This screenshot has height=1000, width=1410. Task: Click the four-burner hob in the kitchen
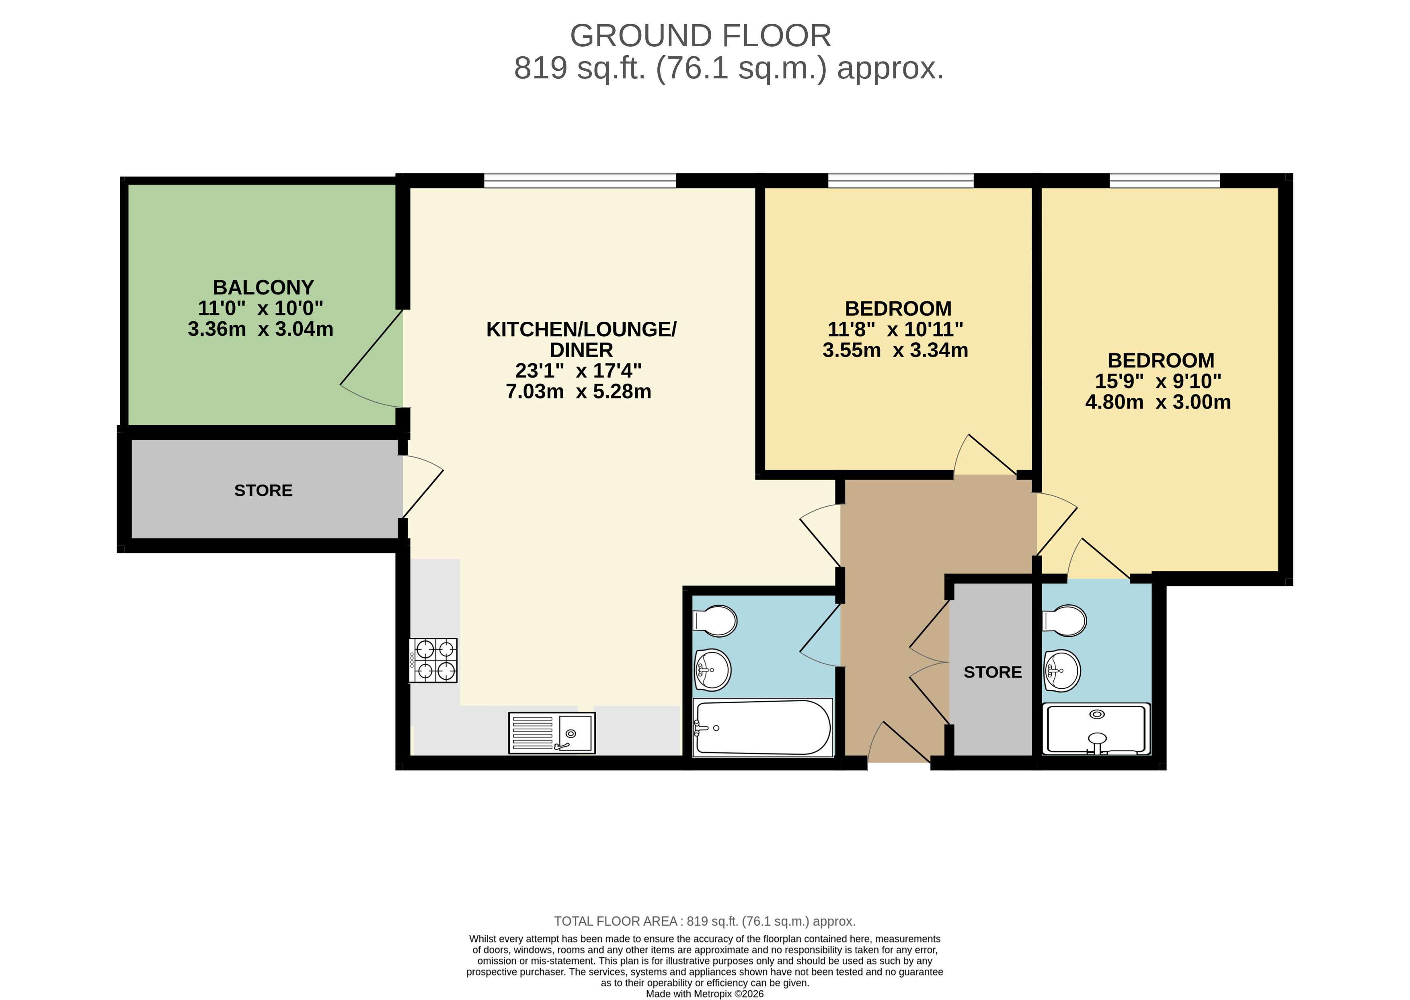point(433,660)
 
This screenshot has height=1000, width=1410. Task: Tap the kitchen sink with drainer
point(552,733)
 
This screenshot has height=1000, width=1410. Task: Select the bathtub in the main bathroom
point(762,727)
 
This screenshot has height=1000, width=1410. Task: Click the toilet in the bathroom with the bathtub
point(715,621)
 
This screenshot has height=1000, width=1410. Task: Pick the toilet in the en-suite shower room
point(1064,621)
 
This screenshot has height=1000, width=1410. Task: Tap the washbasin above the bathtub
point(712,670)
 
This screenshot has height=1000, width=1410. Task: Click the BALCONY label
point(263,287)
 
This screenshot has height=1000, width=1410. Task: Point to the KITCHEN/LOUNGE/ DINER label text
point(581,339)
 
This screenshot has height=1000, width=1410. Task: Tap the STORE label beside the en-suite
point(993,672)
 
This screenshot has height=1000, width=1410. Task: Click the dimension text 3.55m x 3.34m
point(895,350)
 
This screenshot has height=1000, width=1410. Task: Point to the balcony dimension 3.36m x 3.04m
point(261,329)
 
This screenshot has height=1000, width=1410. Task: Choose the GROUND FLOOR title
point(701,36)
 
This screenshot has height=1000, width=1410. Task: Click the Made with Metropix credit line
point(705,993)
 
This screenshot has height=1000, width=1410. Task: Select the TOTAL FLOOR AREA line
point(705,921)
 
